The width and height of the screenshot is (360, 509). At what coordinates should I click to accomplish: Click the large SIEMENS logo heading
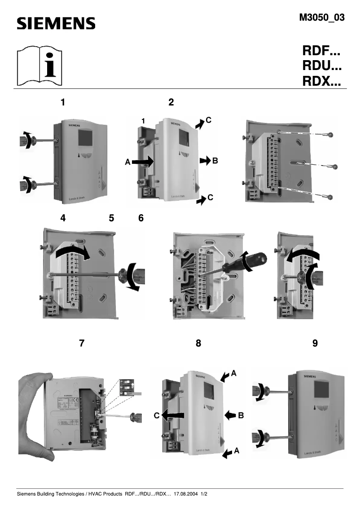click(56, 23)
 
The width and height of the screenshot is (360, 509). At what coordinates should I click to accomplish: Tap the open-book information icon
click(39, 66)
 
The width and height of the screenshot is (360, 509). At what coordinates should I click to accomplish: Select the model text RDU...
click(322, 67)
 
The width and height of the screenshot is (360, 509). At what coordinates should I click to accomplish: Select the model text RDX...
click(322, 82)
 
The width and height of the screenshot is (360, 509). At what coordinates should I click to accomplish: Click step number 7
click(81, 343)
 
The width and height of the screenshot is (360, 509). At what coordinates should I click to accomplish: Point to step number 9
click(315, 343)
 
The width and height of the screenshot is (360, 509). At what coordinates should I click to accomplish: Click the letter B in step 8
click(241, 416)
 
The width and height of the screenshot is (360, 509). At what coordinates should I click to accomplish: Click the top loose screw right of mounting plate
click(330, 135)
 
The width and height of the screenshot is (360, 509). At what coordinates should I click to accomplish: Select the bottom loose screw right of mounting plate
click(330, 197)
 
